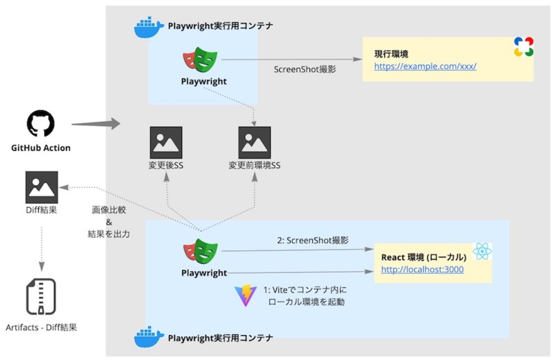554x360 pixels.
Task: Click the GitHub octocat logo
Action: click(41, 124)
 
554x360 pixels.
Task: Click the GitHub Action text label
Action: click(41, 148)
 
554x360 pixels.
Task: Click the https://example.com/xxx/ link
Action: click(425, 66)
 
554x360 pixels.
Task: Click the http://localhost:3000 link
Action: click(422, 269)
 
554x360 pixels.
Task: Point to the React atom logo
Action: click(482, 252)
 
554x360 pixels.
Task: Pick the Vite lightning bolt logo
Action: click(245, 296)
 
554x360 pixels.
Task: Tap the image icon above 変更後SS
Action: click(166, 143)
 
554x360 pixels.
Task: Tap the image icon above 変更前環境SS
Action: click(254, 143)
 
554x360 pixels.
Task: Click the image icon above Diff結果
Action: click(41, 187)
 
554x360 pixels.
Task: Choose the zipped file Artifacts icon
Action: click(41, 297)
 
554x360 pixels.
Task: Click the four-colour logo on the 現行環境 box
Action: click(523, 46)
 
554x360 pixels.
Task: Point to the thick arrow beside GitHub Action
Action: click(96, 124)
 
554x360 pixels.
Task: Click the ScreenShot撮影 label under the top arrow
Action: click(304, 69)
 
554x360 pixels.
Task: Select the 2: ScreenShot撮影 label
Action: click(313, 240)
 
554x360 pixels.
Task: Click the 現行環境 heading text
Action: click(391, 54)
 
